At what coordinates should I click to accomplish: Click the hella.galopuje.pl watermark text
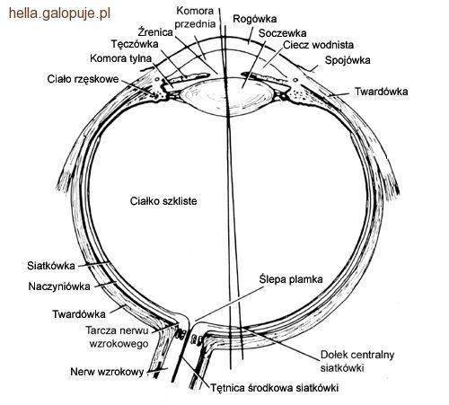[x=59, y=14]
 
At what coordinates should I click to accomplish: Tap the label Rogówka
[x=255, y=19]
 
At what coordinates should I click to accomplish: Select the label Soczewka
[x=282, y=33]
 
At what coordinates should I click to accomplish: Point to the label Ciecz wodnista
[x=318, y=45]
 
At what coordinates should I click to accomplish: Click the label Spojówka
[x=348, y=60]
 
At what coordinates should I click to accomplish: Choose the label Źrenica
[x=155, y=31]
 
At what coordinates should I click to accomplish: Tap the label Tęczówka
[x=135, y=44]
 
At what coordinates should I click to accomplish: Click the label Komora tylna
[x=120, y=58]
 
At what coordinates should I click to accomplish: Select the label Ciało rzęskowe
[x=83, y=79]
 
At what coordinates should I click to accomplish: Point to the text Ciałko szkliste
[x=163, y=201]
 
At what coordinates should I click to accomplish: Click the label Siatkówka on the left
[x=51, y=266]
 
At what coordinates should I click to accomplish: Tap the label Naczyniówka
[x=59, y=286]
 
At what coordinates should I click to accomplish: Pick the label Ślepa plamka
[x=291, y=279]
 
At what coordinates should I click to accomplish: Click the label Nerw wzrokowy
[x=107, y=372]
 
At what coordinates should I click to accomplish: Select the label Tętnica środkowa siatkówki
[x=275, y=388]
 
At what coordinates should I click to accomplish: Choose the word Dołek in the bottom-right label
[x=333, y=355]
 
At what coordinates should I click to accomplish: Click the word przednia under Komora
[x=195, y=24]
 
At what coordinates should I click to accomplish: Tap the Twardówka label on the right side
[x=381, y=92]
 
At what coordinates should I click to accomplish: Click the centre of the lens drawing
[x=226, y=96]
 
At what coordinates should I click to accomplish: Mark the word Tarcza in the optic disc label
[x=101, y=330]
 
